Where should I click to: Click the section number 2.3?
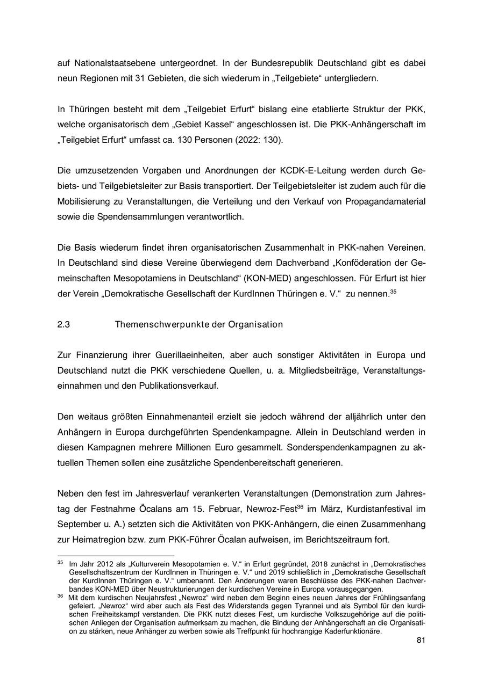coord(63,324)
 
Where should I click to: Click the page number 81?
coord(421,641)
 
